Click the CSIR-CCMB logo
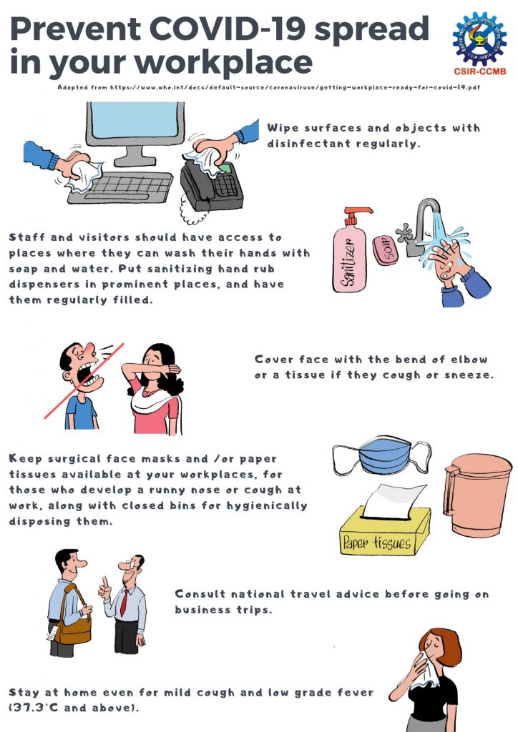point(479,42)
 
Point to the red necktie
point(124,602)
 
